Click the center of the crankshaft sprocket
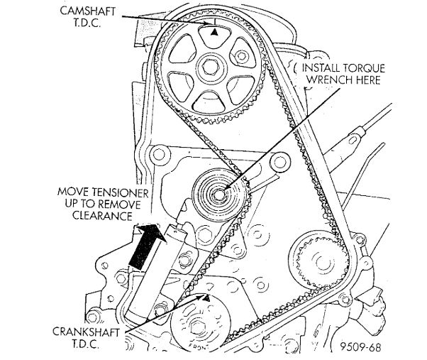[x=197, y=329]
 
